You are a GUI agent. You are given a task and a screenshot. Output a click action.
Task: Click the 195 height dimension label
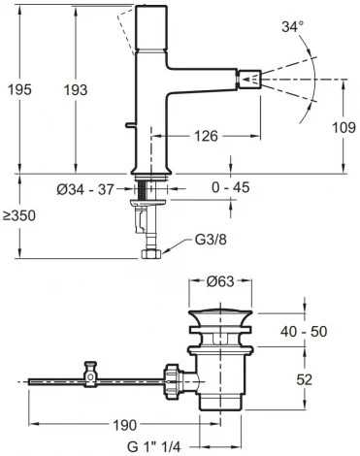point(17,89)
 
